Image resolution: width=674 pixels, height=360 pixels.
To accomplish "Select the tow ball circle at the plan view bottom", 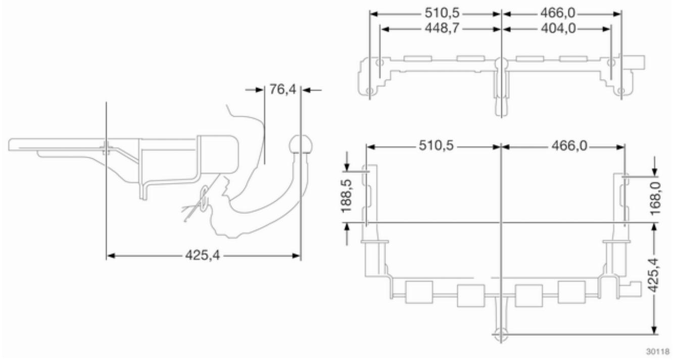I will click(x=500, y=335).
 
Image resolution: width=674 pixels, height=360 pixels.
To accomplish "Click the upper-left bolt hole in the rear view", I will click(x=379, y=63).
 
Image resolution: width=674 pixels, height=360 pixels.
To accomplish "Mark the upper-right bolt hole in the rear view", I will click(x=611, y=63).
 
